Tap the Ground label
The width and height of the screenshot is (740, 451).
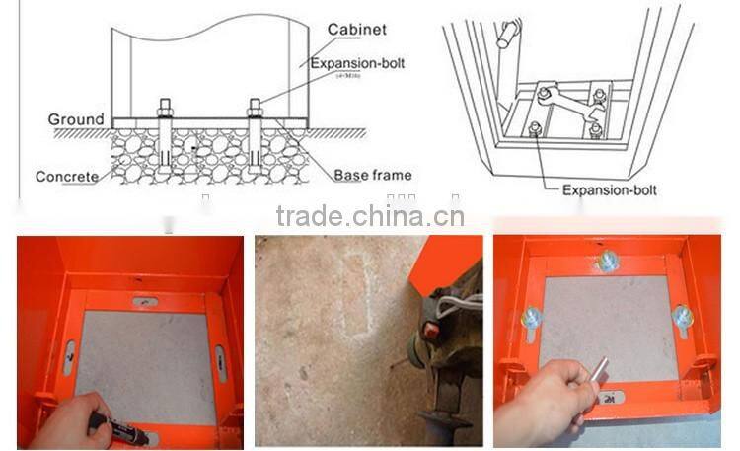[76, 119]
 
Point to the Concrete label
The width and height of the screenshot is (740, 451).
[66, 177]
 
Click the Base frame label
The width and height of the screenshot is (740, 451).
[371, 175]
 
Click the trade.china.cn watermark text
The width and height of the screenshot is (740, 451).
[369, 215]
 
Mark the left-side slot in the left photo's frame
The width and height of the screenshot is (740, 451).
[69, 357]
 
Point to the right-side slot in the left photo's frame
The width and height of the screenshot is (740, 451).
[220, 362]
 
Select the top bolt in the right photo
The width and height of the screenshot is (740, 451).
[607, 261]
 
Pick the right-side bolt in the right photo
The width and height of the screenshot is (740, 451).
[681, 316]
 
